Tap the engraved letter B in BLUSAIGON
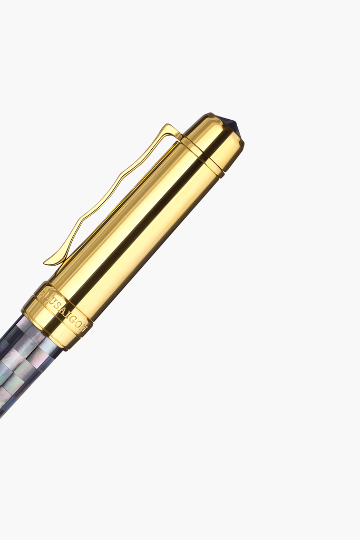coord(43,292)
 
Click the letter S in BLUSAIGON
coord(56,305)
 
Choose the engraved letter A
coord(61,311)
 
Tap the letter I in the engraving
coord(66,315)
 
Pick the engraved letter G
coord(71,319)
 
